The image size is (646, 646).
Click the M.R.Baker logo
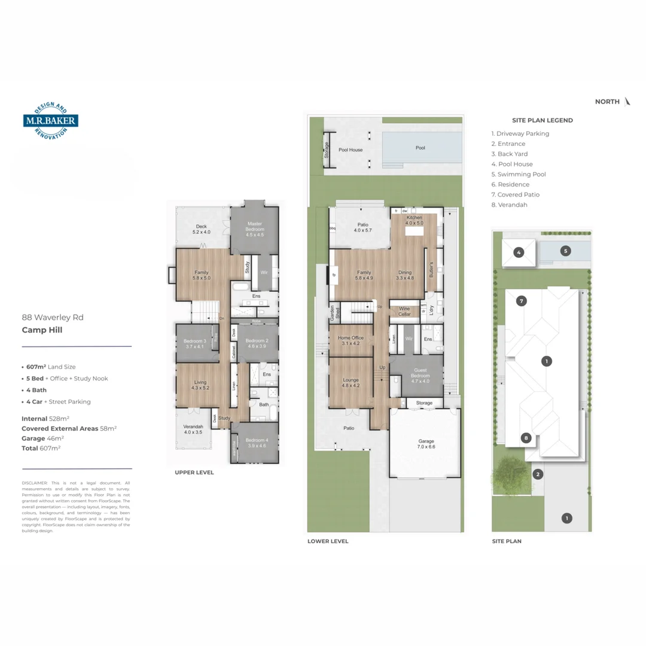tap(51, 120)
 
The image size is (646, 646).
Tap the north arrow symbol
tap(627, 102)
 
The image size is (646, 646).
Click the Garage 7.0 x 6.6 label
tap(425, 444)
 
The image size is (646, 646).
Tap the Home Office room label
tap(350, 340)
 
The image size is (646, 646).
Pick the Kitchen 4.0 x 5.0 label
tap(415, 220)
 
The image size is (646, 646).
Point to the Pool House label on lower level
tap(351, 150)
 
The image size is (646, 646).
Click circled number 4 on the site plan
tap(519, 252)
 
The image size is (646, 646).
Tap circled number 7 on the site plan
tap(522, 301)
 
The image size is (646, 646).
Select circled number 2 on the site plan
tap(538, 474)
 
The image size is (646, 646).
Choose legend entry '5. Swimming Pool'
tap(518, 174)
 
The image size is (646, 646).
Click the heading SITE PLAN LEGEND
tap(542, 120)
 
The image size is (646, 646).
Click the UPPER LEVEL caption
tap(194, 473)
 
